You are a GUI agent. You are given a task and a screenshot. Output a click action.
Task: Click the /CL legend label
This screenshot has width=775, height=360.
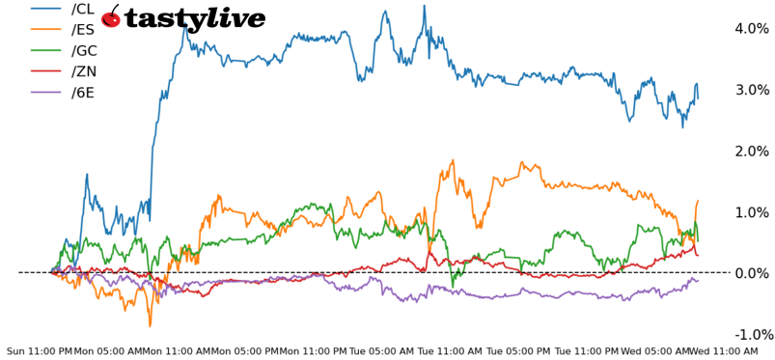[83, 9]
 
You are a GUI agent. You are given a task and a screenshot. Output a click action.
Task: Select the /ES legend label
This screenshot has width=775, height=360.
[83, 30]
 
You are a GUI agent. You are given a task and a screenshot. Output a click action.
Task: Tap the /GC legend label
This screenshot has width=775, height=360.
[84, 51]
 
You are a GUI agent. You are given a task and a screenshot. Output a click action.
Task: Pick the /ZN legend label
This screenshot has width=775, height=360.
[83, 72]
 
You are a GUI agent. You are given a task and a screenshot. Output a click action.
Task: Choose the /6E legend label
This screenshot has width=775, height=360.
[83, 94]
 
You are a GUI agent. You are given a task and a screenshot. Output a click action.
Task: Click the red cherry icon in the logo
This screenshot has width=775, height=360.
[111, 17]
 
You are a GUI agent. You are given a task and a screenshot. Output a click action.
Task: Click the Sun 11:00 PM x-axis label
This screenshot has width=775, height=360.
[40, 351]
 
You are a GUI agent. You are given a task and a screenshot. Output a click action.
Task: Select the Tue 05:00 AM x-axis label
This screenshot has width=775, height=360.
[381, 351]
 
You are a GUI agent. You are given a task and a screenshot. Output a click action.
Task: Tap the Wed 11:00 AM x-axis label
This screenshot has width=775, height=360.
[724, 351]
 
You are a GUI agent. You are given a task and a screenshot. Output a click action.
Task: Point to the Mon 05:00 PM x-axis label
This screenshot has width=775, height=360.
[244, 351]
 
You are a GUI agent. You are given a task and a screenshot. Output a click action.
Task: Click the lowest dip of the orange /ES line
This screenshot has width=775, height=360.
[150, 325]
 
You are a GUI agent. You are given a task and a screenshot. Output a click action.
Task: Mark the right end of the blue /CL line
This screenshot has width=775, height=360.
[698, 98]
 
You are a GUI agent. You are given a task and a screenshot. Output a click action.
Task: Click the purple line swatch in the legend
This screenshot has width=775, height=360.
[47, 94]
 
